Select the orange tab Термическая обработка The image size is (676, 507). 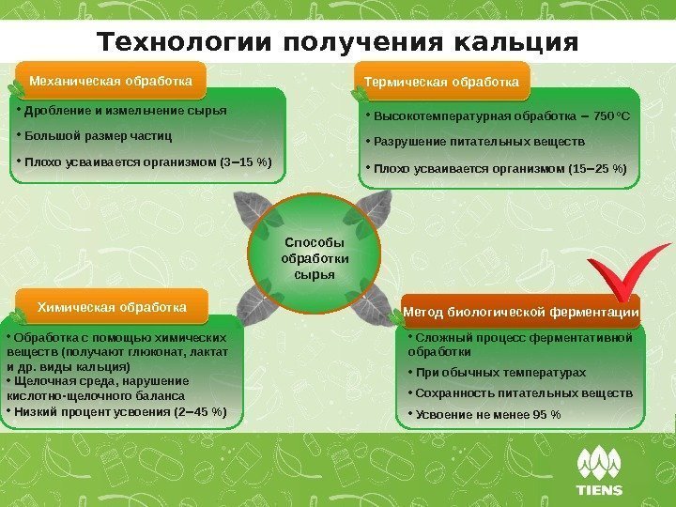coord(441,83)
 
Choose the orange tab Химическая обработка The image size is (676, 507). coord(112,307)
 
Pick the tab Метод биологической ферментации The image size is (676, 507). coord(521,312)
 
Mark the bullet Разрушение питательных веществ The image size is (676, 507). coord(479,143)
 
